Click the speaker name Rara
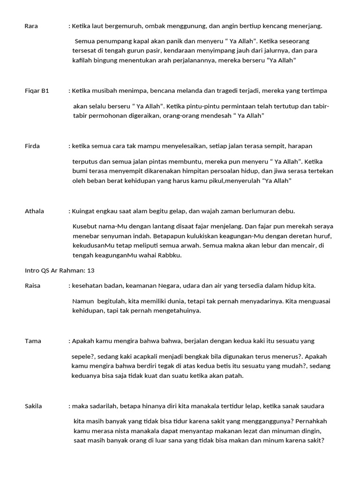pyautogui.click(x=31, y=26)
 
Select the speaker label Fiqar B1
pyautogui.click(x=37, y=91)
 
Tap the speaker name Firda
pyautogui.click(x=32, y=146)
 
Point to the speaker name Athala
pyautogui.click(x=34, y=211)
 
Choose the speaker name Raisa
pyautogui.click(x=32, y=285)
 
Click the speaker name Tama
pyautogui.click(x=33, y=341)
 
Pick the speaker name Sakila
pyautogui.click(x=34, y=406)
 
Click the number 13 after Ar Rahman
pyautogui.click(x=91, y=270)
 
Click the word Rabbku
pyautogui.click(x=171, y=255)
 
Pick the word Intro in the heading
pyautogui.click(x=32, y=270)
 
